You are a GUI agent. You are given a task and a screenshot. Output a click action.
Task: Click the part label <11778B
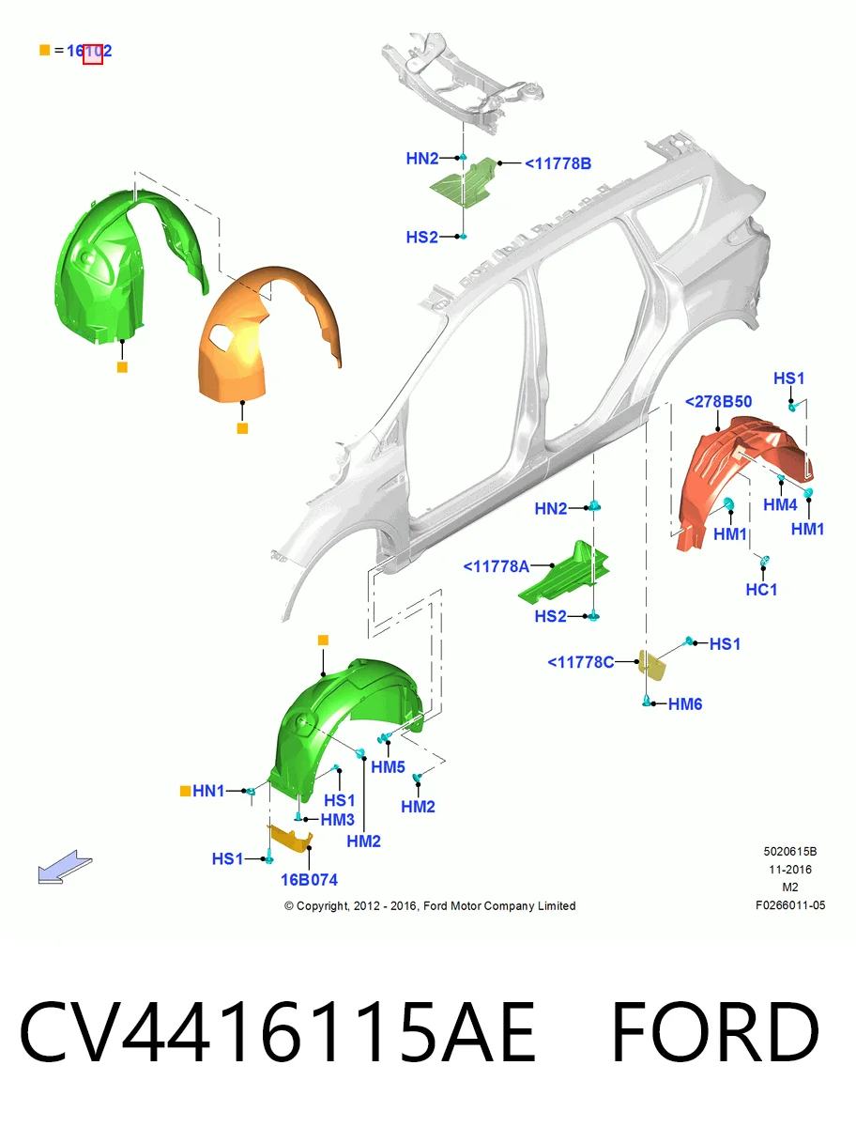(558, 163)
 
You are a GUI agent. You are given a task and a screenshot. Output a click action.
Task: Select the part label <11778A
(496, 566)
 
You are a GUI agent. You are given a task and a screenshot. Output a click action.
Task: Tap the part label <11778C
(581, 662)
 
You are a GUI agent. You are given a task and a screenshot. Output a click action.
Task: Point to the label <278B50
(718, 402)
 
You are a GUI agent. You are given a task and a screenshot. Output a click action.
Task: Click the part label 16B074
(310, 879)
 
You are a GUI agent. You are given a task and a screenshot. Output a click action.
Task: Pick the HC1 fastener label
(761, 590)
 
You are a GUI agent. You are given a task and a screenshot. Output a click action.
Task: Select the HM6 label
(684, 704)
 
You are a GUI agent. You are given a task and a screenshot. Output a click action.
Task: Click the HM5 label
(388, 767)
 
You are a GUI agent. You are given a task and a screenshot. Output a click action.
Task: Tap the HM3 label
(338, 820)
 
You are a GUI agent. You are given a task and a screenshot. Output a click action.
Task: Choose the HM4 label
(780, 504)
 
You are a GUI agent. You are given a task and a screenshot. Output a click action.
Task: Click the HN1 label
(208, 791)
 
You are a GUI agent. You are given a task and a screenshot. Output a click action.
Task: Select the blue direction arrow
(65, 867)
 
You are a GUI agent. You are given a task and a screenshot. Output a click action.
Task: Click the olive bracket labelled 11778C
(653, 666)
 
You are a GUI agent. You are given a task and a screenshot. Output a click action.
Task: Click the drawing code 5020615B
(790, 851)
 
